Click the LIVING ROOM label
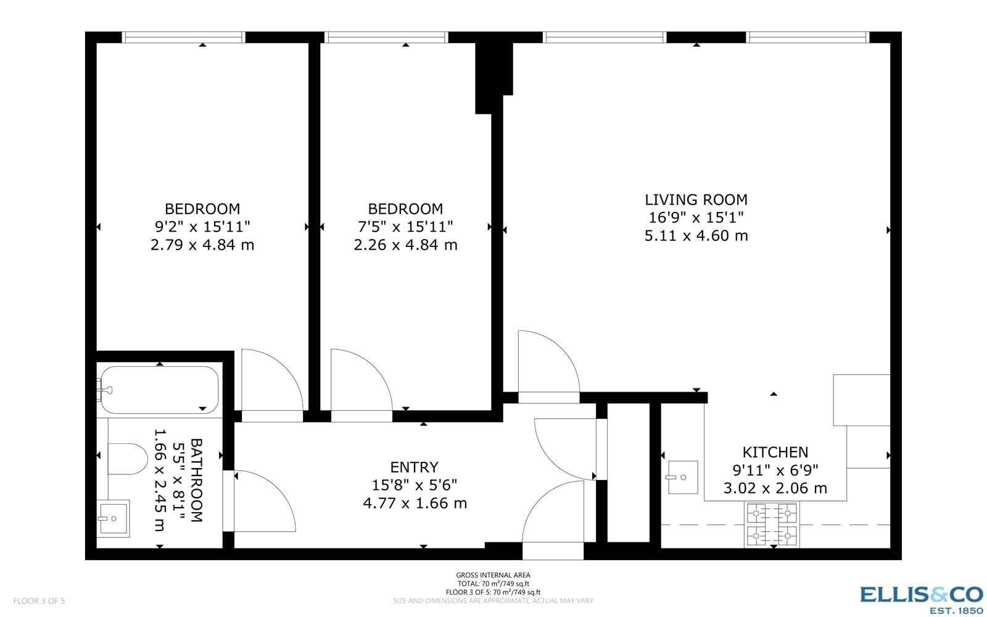pyautogui.click(x=696, y=199)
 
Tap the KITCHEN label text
pyautogui.click(x=775, y=452)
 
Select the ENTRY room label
pyautogui.click(x=414, y=467)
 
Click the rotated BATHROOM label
pyautogui.click(x=196, y=481)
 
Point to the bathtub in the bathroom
pyautogui.click(x=159, y=390)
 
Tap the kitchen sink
pyautogui.click(x=682, y=477)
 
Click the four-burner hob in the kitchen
pyautogui.click(x=772, y=524)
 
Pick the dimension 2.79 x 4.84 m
pyautogui.click(x=202, y=245)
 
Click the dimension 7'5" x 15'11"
pyautogui.click(x=405, y=227)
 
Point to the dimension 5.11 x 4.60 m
pyautogui.click(x=696, y=236)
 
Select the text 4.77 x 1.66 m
pyautogui.click(x=415, y=503)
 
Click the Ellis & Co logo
pyautogui.click(x=921, y=598)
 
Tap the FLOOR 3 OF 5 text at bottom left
pyautogui.click(x=39, y=601)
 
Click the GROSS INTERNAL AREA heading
pyautogui.click(x=493, y=575)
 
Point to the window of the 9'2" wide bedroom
pyautogui.click(x=183, y=38)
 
